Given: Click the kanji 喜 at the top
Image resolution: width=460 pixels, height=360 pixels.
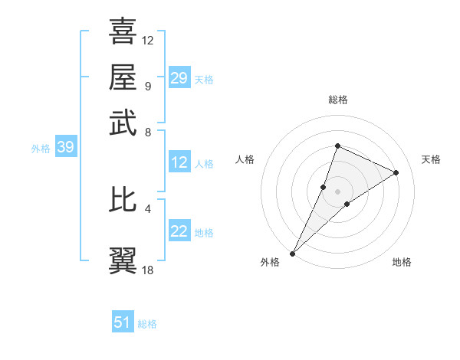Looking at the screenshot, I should (123, 31).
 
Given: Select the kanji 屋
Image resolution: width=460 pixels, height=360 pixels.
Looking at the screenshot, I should (123, 77).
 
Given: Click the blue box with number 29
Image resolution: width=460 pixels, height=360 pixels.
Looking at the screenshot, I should (179, 78).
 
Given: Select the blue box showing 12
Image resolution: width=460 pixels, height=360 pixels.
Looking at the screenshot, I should (179, 162).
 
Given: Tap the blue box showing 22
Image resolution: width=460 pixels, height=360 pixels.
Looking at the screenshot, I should (179, 231).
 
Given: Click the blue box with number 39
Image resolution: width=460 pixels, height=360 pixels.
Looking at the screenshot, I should (65, 148).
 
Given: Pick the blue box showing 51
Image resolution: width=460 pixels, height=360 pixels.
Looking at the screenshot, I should (123, 322).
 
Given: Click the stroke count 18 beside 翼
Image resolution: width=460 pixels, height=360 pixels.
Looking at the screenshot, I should (149, 270).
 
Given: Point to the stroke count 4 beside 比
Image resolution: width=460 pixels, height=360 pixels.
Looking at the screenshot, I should (148, 208).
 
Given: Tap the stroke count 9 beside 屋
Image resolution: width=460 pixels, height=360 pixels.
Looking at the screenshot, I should (148, 86).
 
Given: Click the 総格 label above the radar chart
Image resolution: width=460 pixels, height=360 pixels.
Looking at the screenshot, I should (337, 100).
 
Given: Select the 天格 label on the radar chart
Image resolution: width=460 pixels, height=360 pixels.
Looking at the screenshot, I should (431, 159).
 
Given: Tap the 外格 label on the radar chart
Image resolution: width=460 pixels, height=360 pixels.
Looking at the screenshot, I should (270, 263).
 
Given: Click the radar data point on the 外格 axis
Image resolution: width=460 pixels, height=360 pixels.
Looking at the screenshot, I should (292, 253).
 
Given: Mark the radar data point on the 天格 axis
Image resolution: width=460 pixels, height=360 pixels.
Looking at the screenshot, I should (396, 172).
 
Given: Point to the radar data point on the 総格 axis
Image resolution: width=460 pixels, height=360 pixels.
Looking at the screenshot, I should (337, 146).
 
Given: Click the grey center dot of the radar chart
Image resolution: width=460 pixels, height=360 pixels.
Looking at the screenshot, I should (337, 191).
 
